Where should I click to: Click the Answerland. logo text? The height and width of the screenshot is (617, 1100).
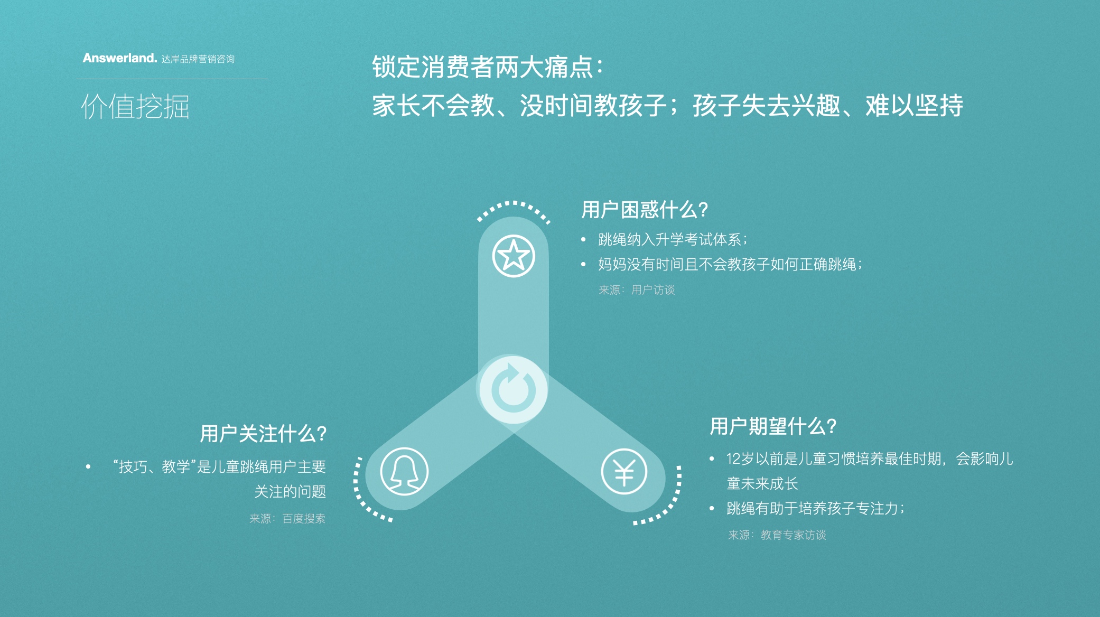tap(119, 58)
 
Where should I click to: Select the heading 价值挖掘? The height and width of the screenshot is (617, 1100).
tap(135, 106)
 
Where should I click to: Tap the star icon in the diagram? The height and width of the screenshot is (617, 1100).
tap(514, 256)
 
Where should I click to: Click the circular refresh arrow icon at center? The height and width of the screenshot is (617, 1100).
tap(513, 390)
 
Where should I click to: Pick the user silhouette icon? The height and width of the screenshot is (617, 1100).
tap(404, 471)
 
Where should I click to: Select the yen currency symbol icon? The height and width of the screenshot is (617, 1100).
tap(624, 471)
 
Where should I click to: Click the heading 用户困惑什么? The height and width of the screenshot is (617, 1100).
tap(644, 210)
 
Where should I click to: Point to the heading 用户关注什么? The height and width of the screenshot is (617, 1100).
tap(263, 434)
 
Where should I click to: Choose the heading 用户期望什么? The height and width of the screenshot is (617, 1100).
tap(772, 426)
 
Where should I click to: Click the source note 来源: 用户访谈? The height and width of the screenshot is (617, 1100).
tap(637, 289)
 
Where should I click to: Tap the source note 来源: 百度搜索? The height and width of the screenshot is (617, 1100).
tap(287, 519)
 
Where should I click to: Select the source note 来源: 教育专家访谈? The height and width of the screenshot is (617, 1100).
tap(777, 535)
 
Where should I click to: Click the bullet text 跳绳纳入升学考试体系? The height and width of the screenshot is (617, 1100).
tap(672, 240)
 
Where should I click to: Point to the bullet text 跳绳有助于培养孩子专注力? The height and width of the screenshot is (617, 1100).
tap(815, 508)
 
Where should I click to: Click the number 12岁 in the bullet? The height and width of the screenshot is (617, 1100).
tap(740, 459)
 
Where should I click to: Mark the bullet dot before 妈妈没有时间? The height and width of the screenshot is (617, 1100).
tap(583, 264)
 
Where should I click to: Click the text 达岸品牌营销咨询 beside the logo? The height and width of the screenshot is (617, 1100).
tap(198, 59)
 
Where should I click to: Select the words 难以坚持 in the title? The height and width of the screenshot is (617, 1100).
tap(914, 106)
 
